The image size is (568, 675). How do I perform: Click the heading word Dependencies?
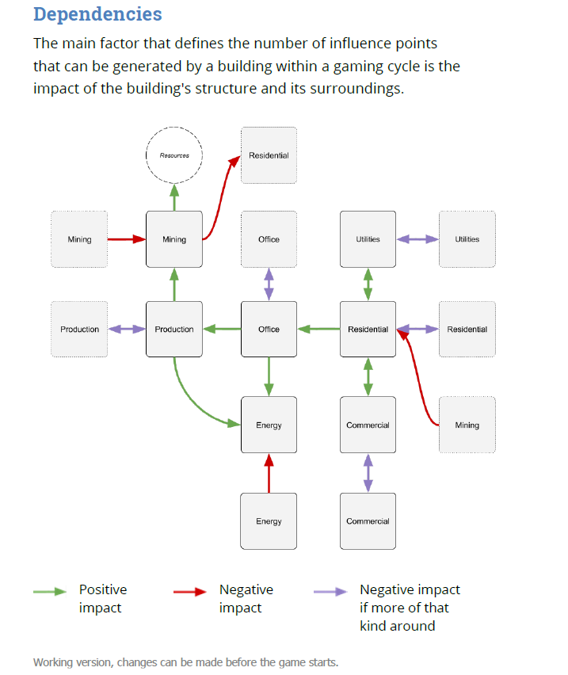click(x=97, y=14)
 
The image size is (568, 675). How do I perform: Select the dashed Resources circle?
click(x=174, y=155)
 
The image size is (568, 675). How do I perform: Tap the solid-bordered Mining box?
click(x=174, y=239)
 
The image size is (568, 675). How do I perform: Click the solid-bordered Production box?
click(x=174, y=329)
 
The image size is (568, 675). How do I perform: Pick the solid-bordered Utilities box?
click(x=368, y=239)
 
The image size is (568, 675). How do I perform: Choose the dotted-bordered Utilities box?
click(x=467, y=239)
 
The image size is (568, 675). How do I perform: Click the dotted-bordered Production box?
click(x=79, y=329)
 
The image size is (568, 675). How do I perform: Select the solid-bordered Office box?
click(x=269, y=329)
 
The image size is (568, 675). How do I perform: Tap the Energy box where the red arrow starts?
click(x=269, y=521)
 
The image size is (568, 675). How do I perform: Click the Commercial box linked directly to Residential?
click(x=368, y=425)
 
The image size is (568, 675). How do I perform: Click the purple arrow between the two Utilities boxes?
click(x=417, y=239)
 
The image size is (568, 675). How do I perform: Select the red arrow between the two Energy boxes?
click(x=269, y=473)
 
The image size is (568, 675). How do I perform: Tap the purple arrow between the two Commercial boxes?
click(x=368, y=473)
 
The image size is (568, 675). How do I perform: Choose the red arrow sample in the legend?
click(x=191, y=591)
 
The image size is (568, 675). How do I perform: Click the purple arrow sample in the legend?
click(x=330, y=591)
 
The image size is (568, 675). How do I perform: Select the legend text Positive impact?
click(x=103, y=598)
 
